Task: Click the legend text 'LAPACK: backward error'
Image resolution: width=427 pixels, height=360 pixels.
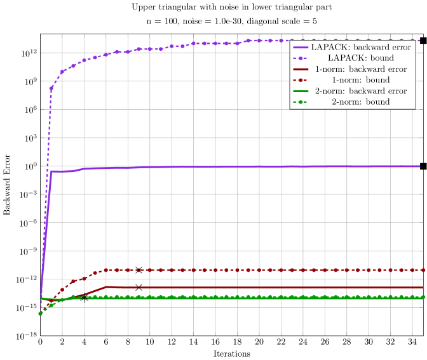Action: point(360,48)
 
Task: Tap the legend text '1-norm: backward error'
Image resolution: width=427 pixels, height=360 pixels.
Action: point(360,69)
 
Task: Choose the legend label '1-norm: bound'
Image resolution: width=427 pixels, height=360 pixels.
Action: point(360,80)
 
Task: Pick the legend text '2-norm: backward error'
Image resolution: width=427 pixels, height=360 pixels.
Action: point(360,91)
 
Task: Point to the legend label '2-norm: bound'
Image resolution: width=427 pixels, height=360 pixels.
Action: point(360,102)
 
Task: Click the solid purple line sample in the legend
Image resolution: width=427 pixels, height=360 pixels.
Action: point(301,48)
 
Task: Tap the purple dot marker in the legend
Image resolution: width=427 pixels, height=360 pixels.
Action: point(301,58)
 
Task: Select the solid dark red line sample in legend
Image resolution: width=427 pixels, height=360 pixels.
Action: point(301,69)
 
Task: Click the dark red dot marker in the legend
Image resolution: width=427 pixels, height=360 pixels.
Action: point(301,80)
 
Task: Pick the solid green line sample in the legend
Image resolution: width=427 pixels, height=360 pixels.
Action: point(301,91)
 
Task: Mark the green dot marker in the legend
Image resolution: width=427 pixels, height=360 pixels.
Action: point(301,102)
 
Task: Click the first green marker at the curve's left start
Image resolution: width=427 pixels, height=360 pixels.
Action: point(41,313)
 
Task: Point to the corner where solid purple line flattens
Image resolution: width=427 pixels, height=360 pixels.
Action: point(51,171)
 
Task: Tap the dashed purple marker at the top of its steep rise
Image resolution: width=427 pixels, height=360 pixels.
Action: point(51,88)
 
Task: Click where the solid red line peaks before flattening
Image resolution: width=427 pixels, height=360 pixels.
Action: point(107,286)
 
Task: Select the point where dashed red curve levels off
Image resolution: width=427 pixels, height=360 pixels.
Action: point(106,270)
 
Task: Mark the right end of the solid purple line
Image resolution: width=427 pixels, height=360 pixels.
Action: point(419,166)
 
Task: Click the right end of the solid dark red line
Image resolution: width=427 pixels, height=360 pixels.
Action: point(422,288)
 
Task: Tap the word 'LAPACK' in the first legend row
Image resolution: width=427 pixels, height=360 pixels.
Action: point(325,48)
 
